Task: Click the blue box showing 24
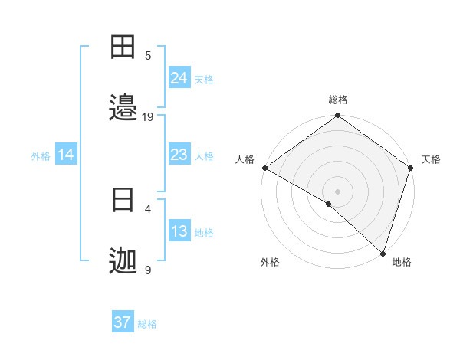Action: point(179,78)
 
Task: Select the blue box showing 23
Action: point(179,155)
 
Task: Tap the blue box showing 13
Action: point(179,231)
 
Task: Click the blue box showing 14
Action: point(66,155)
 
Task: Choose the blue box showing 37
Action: point(123,322)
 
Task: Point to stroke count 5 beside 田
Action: point(148,55)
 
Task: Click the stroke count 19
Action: point(148,116)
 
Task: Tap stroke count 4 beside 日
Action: point(148,208)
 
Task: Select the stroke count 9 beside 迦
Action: point(148,270)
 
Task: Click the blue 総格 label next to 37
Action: point(147,324)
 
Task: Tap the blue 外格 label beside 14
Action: point(41,156)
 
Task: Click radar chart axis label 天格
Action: point(431,159)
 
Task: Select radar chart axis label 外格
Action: point(270,262)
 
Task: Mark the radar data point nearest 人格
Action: point(264,168)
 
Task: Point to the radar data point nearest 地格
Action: point(383,254)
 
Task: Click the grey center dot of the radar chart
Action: point(337,191)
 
